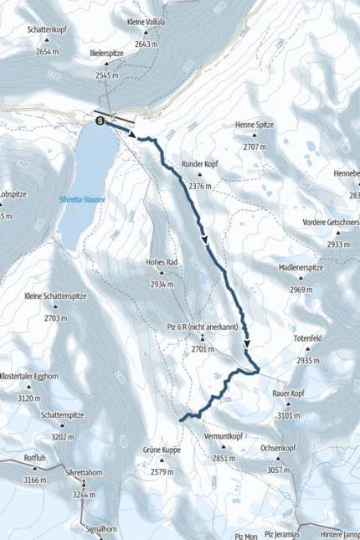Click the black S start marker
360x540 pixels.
101,121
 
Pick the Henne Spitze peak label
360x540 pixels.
255,124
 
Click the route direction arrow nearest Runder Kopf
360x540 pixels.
205,240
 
